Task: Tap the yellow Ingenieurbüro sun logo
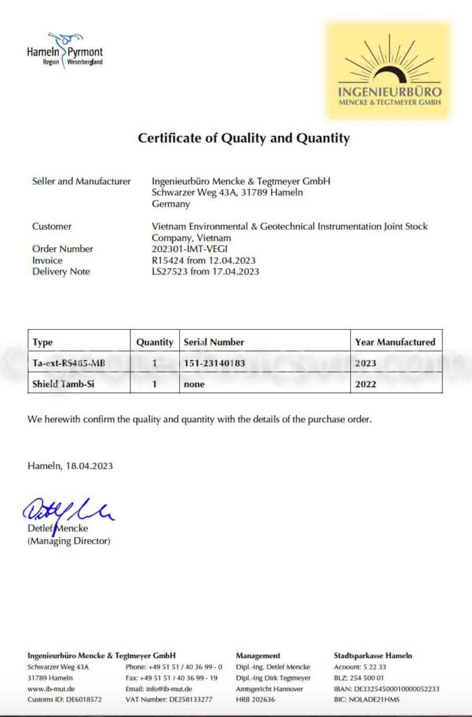(389, 71)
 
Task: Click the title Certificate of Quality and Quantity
(243, 138)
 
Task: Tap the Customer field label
(52, 226)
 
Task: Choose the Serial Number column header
(214, 342)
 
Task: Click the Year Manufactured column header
(395, 342)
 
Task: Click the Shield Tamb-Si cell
(63, 384)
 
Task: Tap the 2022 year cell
(366, 384)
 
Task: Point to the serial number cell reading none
(195, 384)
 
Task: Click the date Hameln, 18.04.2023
(70, 466)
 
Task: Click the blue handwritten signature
(68, 510)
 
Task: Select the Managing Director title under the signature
(69, 541)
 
